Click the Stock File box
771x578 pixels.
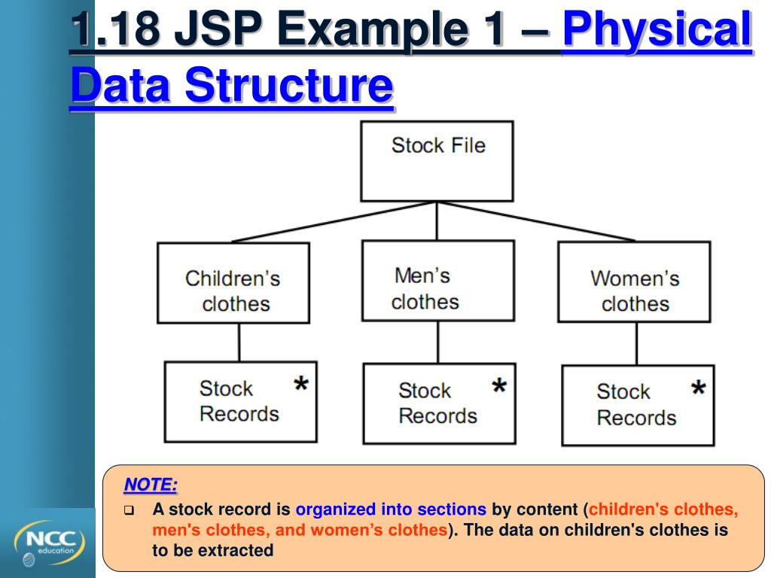coord(437,161)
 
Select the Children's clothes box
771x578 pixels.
coord(233,283)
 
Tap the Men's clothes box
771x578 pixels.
coord(437,281)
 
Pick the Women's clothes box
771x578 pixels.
coord(633,282)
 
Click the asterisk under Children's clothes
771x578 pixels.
coord(300,385)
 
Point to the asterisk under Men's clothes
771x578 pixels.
coord(498,388)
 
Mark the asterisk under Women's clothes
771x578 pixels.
coord(698,389)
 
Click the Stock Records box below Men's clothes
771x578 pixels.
coord(438,403)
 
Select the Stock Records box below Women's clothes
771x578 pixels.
coord(637,405)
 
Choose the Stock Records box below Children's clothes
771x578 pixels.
coord(240,402)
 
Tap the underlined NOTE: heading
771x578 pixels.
coord(151,484)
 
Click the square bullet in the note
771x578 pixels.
coord(129,510)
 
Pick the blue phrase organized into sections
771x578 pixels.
coord(391,509)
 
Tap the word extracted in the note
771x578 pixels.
coord(236,550)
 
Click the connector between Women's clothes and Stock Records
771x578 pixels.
coord(636,344)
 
